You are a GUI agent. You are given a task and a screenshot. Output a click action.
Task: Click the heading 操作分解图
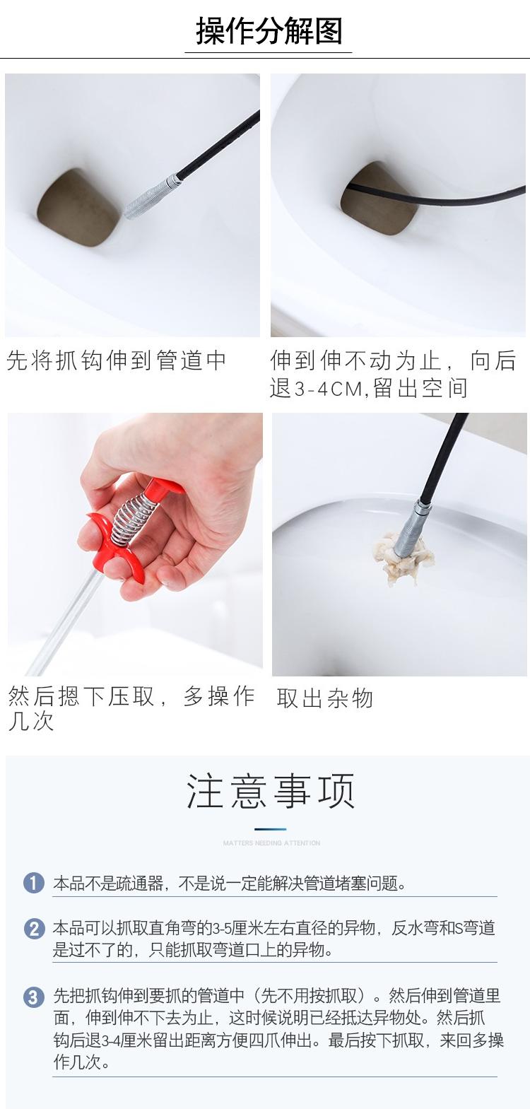pyautogui.click(x=269, y=30)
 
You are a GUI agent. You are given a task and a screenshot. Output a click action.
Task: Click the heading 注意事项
pyautogui.click(x=270, y=791)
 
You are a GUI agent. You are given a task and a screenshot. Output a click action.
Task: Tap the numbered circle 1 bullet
pyautogui.click(x=34, y=883)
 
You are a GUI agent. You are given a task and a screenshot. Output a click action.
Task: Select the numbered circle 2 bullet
pyautogui.click(x=34, y=928)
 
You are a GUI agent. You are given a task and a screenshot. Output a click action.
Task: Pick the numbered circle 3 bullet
pyautogui.click(x=34, y=997)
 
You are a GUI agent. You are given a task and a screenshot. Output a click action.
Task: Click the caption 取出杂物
pyautogui.click(x=324, y=698)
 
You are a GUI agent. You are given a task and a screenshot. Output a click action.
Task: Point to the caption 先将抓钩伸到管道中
pyautogui.click(x=117, y=360)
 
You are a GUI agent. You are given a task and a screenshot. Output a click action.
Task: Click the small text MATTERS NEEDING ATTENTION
pyautogui.click(x=271, y=843)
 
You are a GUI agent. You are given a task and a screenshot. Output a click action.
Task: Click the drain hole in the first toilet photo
pyautogui.click(x=78, y=207)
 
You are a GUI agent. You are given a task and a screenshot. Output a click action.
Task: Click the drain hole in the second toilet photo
pyautogui.click(x=379, y=198)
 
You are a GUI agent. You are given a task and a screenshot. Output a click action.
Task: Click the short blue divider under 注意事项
pyautogui.click(x=270, y=829)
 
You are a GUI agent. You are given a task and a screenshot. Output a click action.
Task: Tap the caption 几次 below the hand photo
pyautogui.click(x=30, y=722)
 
